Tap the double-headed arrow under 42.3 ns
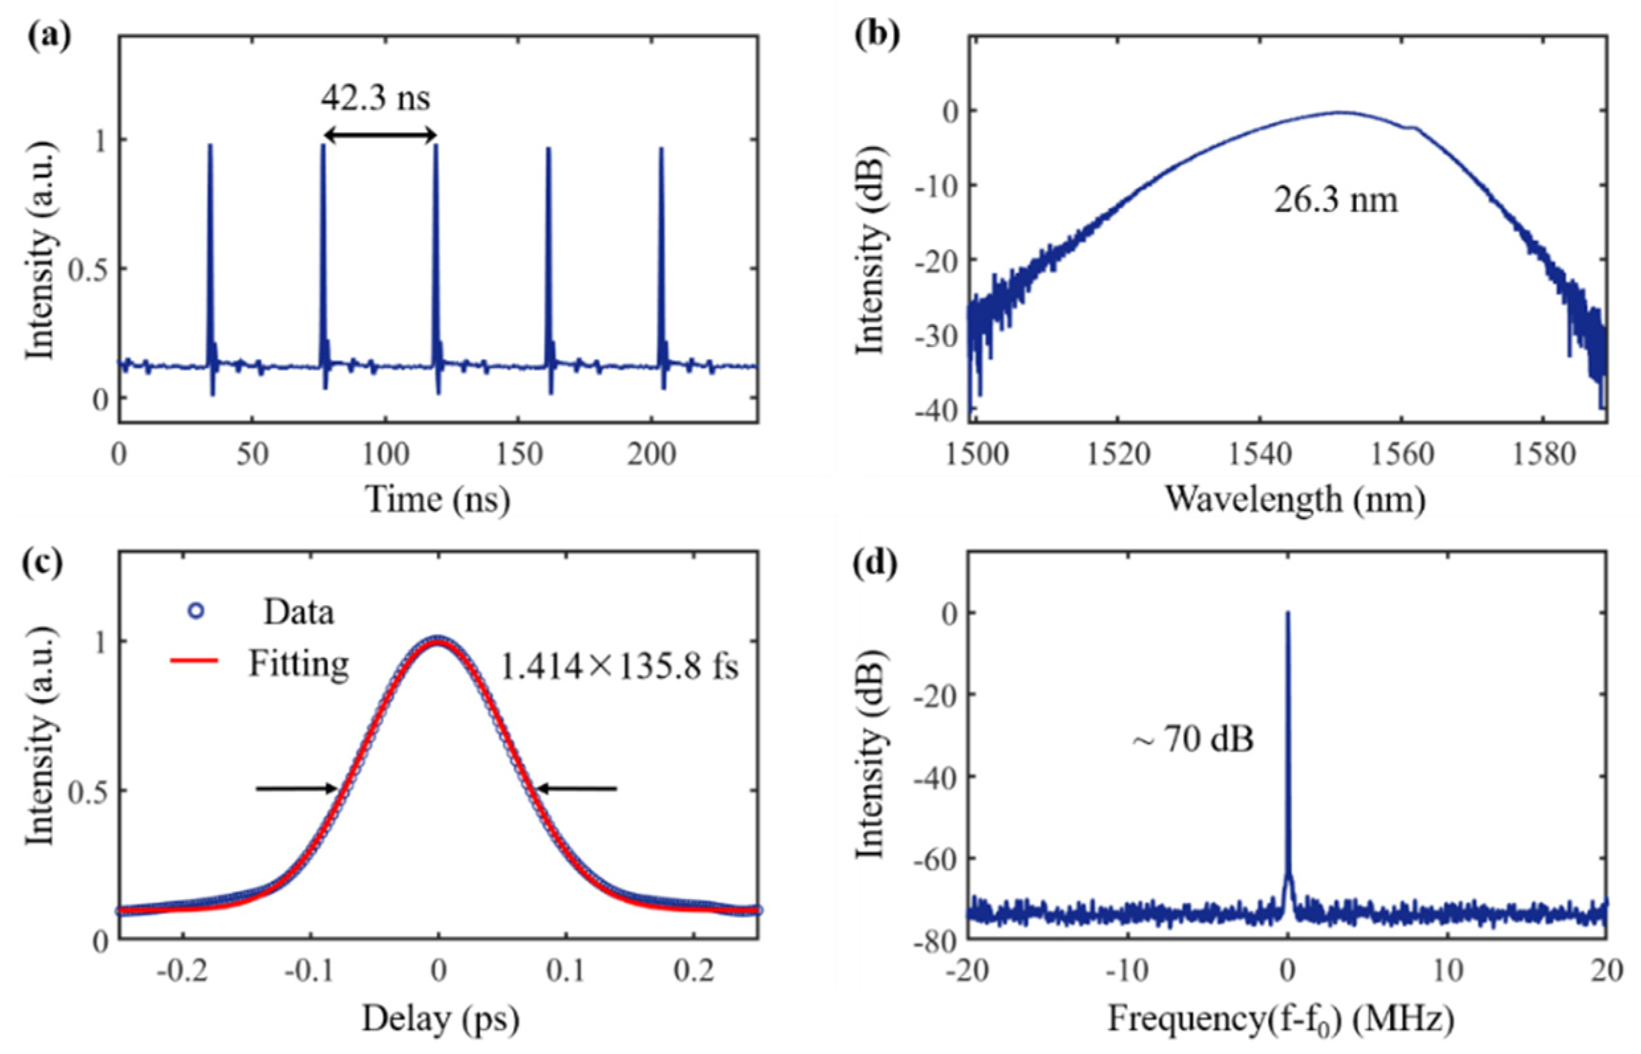[x=380, y=136]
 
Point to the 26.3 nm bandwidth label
[x=1335, y=202]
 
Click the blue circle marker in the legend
[x=197, y=612]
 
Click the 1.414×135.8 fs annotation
[x=620, y=665]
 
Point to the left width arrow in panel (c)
[x=297, y=789]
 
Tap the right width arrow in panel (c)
[x=577, y=789]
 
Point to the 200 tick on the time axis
[x=652, y=454]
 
